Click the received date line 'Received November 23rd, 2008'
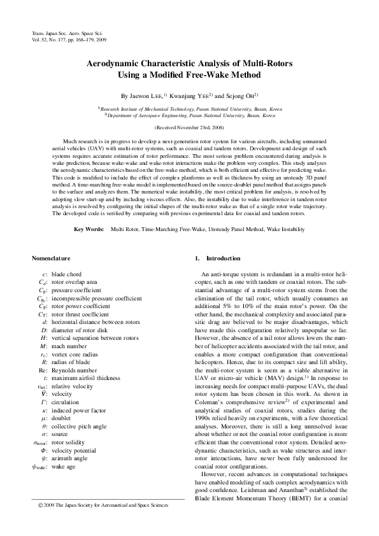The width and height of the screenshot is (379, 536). tap(189, 128)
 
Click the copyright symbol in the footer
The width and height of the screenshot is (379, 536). tap(34, 505)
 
